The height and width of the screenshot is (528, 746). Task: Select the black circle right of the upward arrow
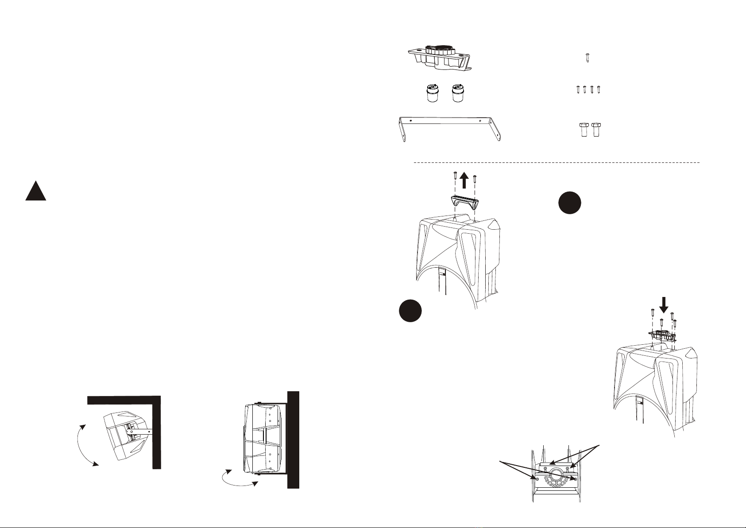click(x=569, y=203)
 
